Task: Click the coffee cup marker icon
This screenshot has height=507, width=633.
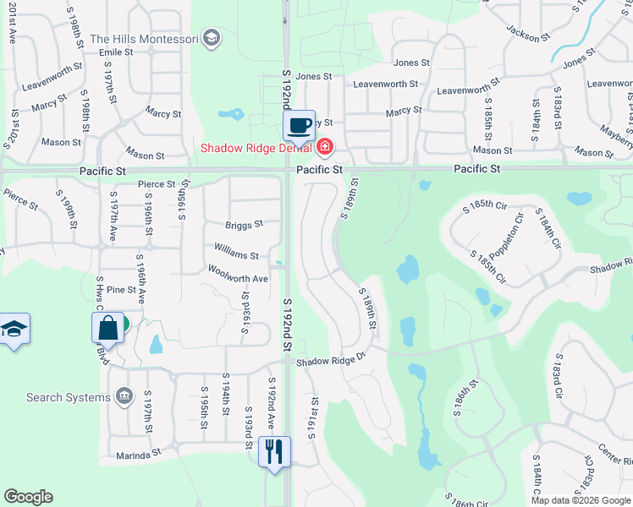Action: click(299, 126)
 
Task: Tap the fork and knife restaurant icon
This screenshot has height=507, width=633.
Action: click(274, 451)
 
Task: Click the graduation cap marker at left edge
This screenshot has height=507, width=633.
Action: click(14, 329)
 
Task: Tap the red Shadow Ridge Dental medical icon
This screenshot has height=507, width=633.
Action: click(324, 148)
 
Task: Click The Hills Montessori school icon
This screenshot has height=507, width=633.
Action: click(212, 38)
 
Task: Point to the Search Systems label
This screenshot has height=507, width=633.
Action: click(69, 397)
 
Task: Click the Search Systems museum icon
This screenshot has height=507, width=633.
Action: click(124, 395)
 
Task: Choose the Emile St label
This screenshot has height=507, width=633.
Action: click(116, 52)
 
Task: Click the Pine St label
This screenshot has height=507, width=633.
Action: click(121, 290)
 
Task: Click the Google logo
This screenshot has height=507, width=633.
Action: click(28, 497)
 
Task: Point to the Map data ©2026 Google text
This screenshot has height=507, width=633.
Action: click(580, 500)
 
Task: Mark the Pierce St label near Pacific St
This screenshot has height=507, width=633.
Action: click(156, 183)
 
